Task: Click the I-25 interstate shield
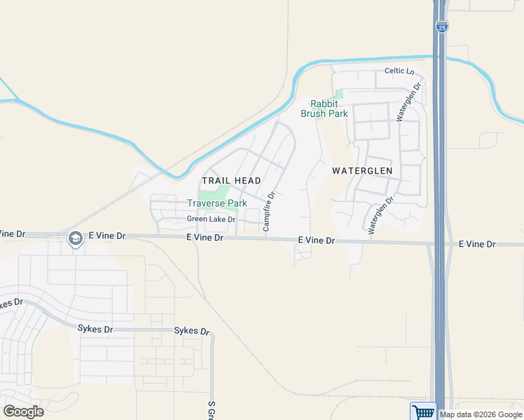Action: coord(441,27)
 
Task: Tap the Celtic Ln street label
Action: coord(399,71)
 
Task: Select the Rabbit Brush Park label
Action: coord(324,108)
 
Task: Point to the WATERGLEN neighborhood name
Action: coord(362,170)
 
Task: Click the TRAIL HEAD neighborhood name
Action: coord(231,181)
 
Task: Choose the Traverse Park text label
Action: coord(217,203)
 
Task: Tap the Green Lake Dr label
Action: coord(211,219)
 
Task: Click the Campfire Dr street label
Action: coord(267,212)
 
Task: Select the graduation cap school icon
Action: coord(74,239)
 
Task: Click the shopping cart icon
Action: coord(422,412)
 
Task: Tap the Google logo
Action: coord(23,412)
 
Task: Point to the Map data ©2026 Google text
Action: coord(480,414)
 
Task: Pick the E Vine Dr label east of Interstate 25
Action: coord(477,244)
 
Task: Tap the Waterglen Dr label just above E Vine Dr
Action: coord(378,213)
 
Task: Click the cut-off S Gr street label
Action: coord(210,409)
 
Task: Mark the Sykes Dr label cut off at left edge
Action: coord(12,304)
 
